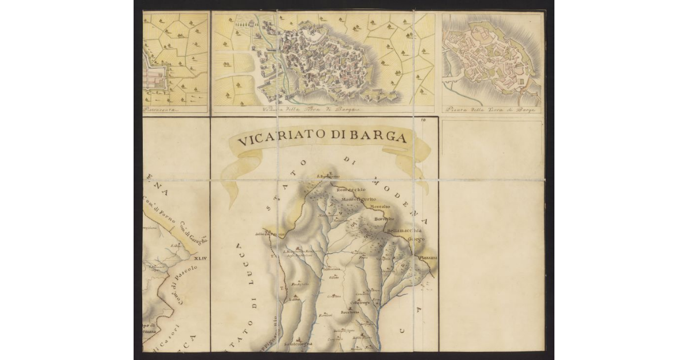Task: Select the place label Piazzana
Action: click(427, 259)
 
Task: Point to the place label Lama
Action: click(295, 299)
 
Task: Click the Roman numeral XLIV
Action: click(201, 259)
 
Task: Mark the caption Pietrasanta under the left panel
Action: click(161, 109)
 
